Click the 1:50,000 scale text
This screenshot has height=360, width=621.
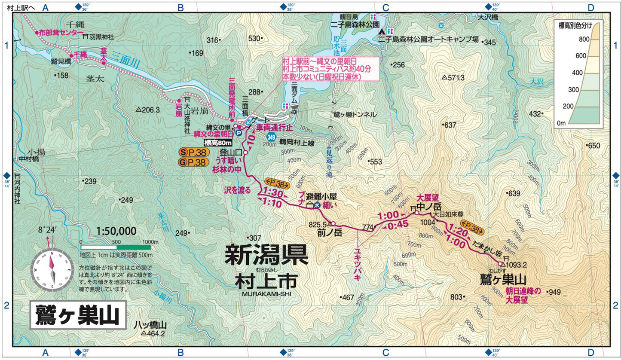pyautogui.click(x=116, y=231)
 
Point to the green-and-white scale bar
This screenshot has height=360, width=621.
pyautogui.click(x=116, y=247)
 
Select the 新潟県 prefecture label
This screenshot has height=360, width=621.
pyautogui.click(x=266, y=255)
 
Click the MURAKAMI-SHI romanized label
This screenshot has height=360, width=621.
pyautogui.click(x=266, y=293)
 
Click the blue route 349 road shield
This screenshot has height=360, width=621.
pyautogui.click(x=271, y=137)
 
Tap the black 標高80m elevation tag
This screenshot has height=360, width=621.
pyautogui.click(x=218, y=143)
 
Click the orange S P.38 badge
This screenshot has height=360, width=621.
pyautogui.click(x=194, y=152)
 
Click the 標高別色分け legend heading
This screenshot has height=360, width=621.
pyautogui.click(x=578, y=26)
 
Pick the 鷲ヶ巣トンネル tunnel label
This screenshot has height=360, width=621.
pyautogui.click(x=355, y=115)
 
